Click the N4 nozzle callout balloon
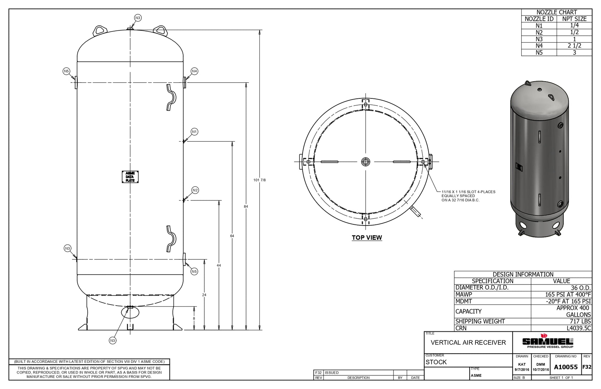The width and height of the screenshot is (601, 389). [x=194, y=71]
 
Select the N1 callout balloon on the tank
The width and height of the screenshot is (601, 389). [x=194, y=132]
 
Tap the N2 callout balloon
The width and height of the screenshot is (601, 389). [x=195, y=190]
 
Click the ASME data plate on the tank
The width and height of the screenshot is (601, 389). [x=130, y=177]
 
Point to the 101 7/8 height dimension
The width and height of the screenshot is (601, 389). [x=259, y=180]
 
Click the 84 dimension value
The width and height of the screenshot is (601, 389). [x=246, y=206]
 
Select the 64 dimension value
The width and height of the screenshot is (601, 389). [x=232, y=236]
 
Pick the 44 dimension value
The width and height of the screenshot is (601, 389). [x=219, y=265]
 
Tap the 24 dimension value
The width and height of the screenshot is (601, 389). [x=204, y=295]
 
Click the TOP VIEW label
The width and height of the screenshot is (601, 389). [x=367, y=238]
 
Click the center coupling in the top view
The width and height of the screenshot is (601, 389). [x=366, y=162]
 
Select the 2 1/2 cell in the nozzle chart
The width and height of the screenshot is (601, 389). [x=574, y=46]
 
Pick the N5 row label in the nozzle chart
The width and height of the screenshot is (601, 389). [x=539, y=53]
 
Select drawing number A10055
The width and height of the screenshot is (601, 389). [x=566, y=367]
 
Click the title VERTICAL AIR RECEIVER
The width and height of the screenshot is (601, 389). [x=468, y=342]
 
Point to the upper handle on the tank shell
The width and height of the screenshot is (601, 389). [x=171, y=97]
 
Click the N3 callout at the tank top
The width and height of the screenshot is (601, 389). [x=138, y=18]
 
